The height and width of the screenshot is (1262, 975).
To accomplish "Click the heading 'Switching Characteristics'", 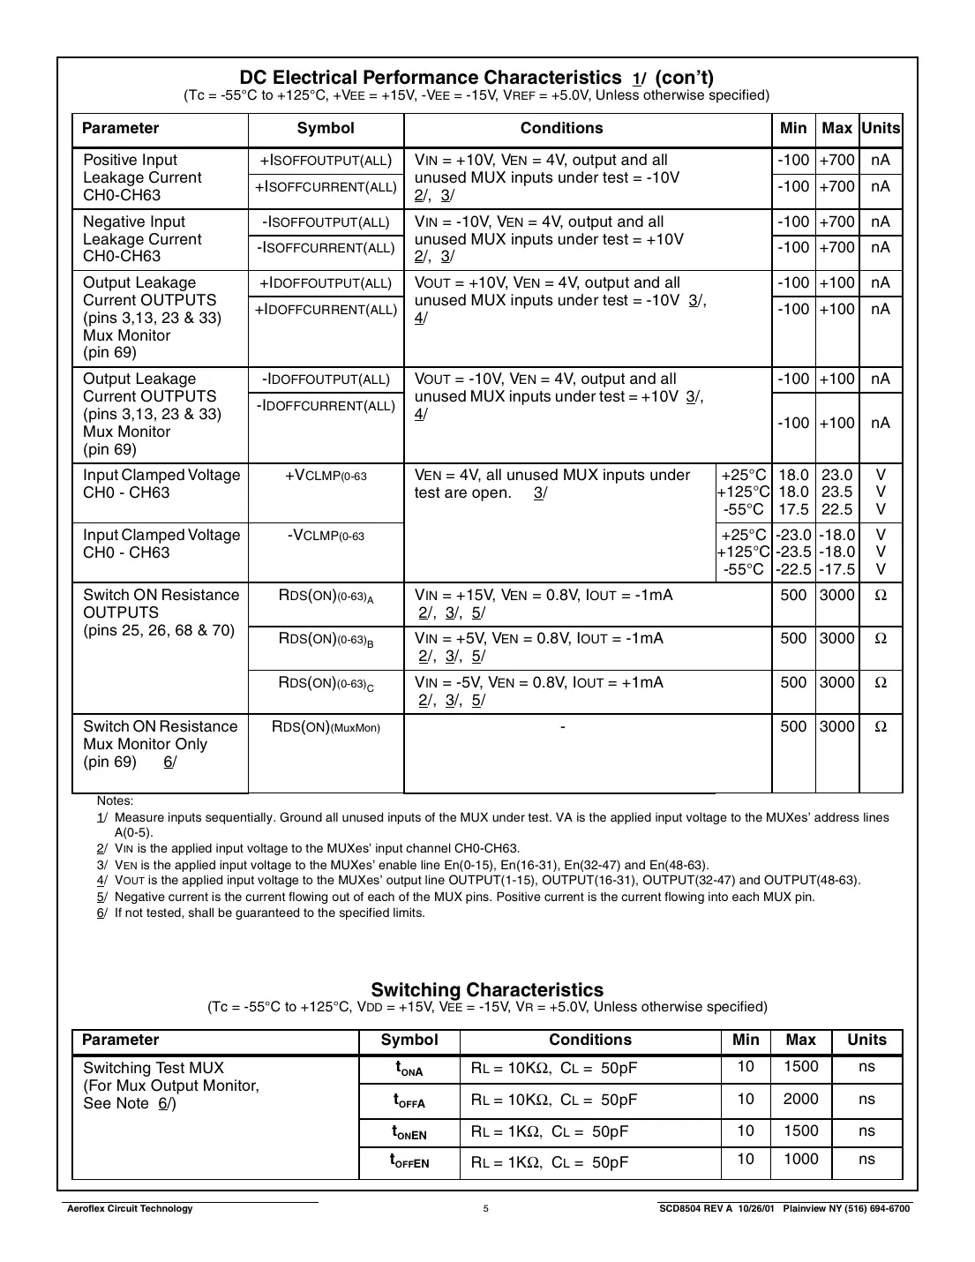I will tap(487, 989).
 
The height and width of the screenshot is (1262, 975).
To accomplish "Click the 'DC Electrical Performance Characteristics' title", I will tap(431, 78).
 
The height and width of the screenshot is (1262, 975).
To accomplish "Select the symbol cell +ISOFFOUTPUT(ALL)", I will tap(326, 161).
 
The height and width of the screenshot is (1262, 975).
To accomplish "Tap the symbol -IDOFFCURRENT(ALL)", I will tap(326, 406).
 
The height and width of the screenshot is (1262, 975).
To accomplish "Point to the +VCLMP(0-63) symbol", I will tap(326, 476).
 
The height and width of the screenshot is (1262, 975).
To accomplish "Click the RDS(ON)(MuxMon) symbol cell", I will tap(326, 727).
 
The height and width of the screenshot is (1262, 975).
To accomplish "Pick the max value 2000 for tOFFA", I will tap(800, 1099).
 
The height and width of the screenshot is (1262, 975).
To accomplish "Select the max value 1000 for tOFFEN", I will tap(800, 1159).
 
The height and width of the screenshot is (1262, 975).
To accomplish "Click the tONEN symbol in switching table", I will tap(409, 1132).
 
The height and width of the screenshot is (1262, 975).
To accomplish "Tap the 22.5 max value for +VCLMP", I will tap(836, 510).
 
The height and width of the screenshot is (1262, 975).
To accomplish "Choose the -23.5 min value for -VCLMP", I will tap(793, 552).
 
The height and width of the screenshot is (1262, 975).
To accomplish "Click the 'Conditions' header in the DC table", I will tap(561, 129).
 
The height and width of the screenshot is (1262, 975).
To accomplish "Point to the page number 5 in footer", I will tap(486, 1209).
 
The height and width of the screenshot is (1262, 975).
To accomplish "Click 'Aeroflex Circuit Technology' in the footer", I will tap(130, 1209).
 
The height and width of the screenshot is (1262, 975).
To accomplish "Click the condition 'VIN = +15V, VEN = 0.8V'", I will tap(544, 596).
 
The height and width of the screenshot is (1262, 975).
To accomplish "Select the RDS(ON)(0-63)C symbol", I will tap(326, 684).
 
